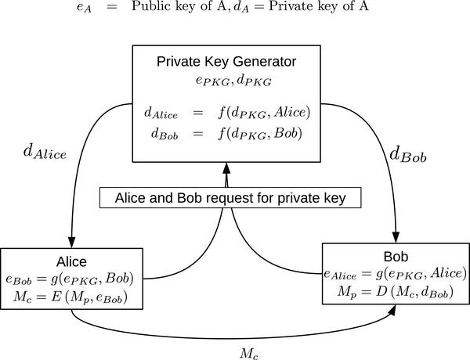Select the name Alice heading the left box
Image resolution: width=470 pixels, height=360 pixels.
pos(71,261)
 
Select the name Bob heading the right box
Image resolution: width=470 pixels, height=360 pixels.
pos(396,257)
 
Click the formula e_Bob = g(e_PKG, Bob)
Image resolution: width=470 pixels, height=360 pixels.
pos(71,279)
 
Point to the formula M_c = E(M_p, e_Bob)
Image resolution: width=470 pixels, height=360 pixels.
pos(71,297)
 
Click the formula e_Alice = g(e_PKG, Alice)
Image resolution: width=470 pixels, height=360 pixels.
pos(396,274)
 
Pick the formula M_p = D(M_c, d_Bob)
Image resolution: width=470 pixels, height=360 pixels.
pos(396,291)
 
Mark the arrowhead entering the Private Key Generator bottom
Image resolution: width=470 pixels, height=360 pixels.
pos(228,167)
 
